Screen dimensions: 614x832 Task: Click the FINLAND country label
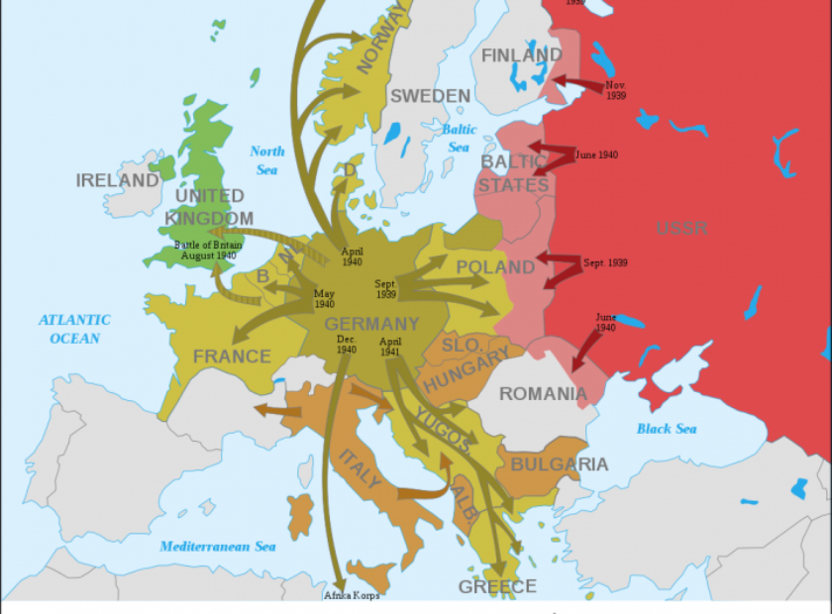(521, 55)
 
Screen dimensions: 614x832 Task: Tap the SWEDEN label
(429, 96)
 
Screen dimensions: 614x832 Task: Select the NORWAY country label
(381, 39)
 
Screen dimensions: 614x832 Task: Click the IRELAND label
(117, 180)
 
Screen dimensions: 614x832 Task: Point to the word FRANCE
(232, 357)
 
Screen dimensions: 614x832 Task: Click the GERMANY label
(371, 324)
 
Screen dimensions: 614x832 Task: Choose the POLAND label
(495, 267)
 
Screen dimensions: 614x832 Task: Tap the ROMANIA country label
(543, 394)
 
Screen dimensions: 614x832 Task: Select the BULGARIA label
(560, 464)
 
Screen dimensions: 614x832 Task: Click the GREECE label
(497, 586)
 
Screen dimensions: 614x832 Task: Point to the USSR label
(681, 229)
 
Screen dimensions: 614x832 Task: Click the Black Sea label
(666, 429)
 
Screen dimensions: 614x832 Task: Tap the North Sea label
(266, 160)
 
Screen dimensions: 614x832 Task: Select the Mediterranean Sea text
(218, 547)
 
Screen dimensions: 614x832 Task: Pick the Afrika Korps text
(352, 595)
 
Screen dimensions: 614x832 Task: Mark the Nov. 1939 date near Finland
(616, 90)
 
